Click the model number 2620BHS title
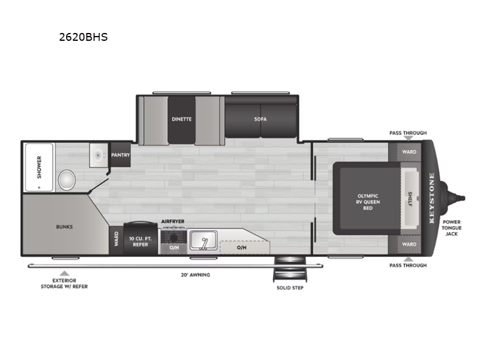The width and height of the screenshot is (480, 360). (x=83, y=37)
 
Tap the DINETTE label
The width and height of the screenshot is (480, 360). (x=181, y=119)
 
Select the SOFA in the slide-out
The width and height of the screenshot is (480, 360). (x=260, y=119)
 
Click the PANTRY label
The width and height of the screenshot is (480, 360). (x=121, y=155)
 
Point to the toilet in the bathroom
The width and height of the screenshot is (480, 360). (x=67, y=179)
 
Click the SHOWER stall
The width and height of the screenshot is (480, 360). (x=39, y=166)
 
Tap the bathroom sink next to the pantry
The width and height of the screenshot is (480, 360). (x=97, y=155)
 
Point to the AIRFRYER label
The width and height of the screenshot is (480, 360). (x=173, y=221)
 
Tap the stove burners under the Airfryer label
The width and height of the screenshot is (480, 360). (x=173, y=235)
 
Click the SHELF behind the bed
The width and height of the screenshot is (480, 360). (x=410, y=199)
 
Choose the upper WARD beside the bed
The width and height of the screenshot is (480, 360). (x=409, y=152)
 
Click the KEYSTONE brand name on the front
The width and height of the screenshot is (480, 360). (x=431, y=198)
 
